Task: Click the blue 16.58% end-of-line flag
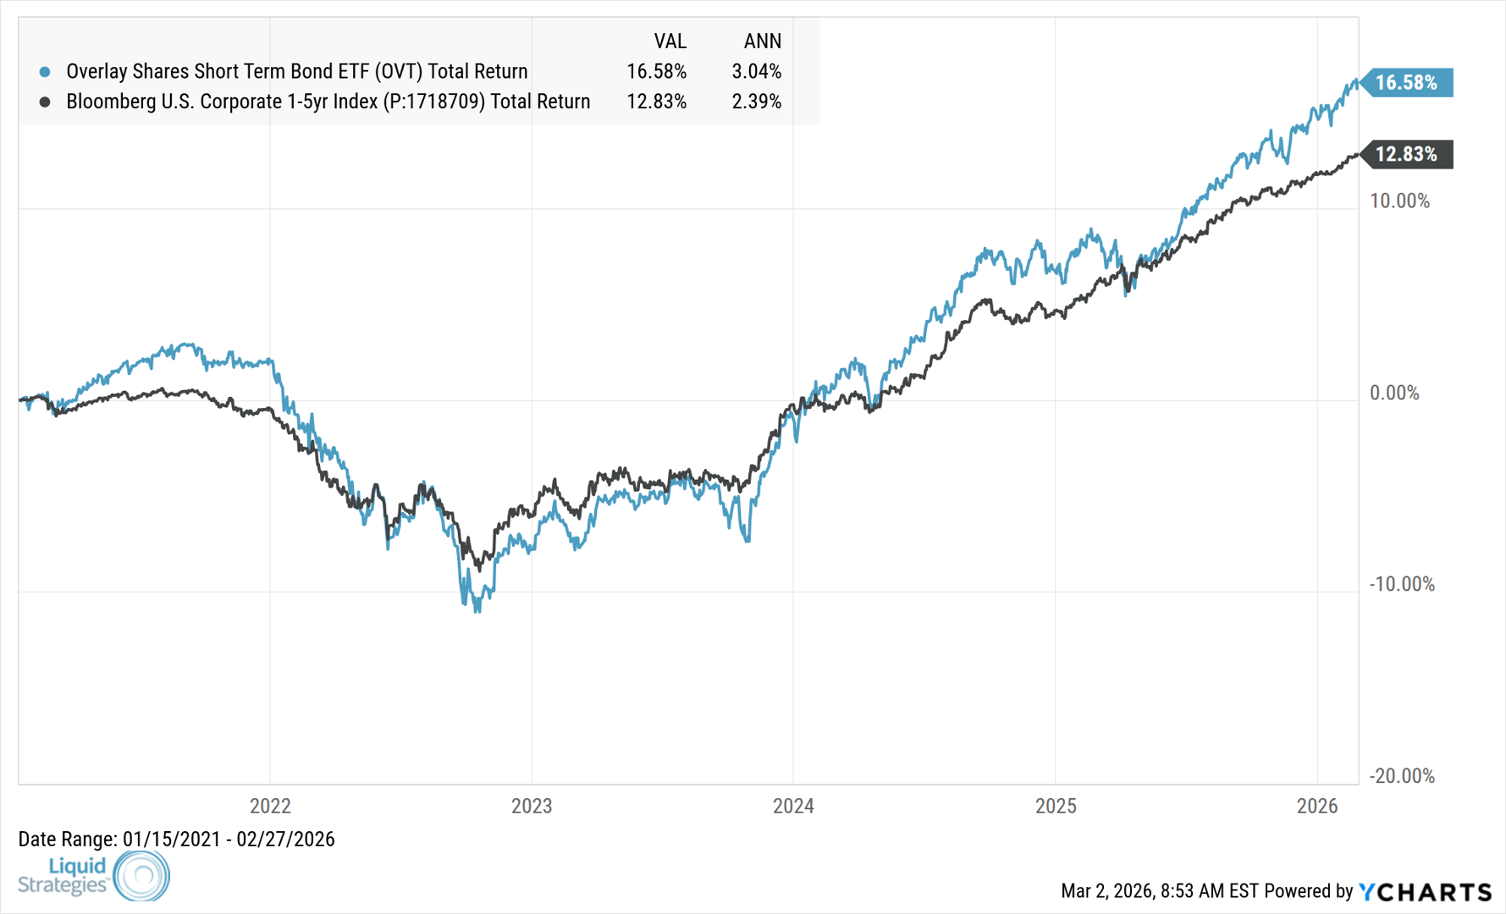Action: pos(1406,82)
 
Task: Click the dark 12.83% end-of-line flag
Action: pos(1406,154)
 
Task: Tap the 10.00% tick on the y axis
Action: pos(1400,201)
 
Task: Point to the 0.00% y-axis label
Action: pos(1395,393)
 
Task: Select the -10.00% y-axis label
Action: pos(1402,584)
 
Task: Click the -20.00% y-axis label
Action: pos(1402,775)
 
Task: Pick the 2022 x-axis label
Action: pos(270,806)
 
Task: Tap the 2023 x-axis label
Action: pos(532,806)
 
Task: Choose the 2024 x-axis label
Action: pos(793,806)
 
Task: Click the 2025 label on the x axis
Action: pos(1056,806)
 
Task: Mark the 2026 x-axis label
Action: pos(1317,806)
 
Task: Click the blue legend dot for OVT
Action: pos(45,72)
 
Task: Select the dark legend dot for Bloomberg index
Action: pos(45,102)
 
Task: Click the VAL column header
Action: pos(670,41)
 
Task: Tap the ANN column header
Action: pos(762,41)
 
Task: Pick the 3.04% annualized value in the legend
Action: pos(756,71)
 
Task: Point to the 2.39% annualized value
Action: pos(756,102)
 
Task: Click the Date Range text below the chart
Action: pos(176,839)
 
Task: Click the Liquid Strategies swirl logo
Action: pos(141,875)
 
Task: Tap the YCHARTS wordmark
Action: pos(1426,891)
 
